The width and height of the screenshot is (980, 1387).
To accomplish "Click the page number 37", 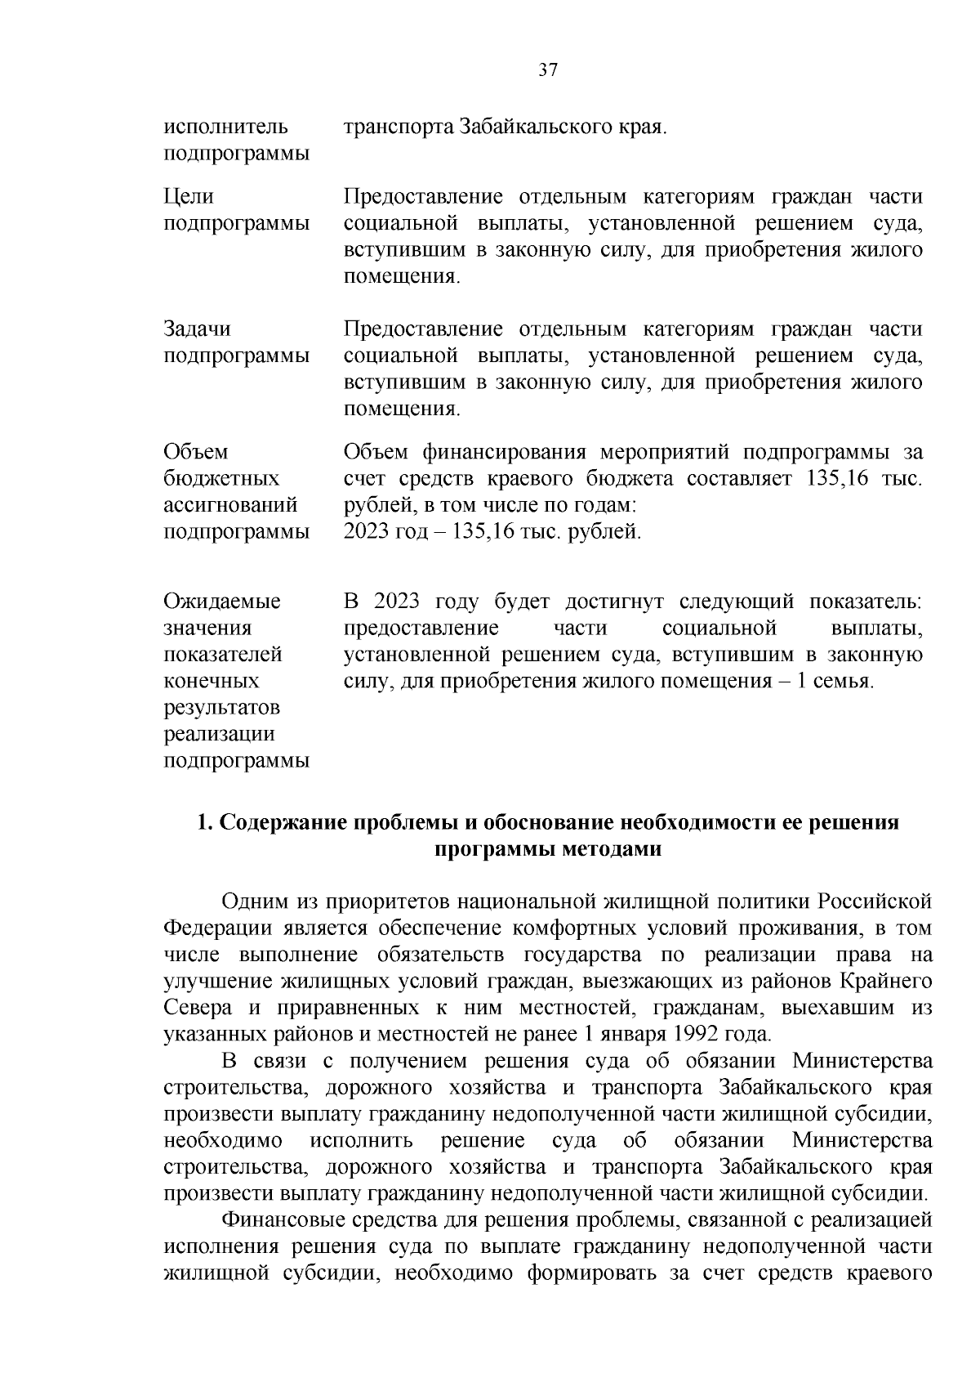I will [548, 70].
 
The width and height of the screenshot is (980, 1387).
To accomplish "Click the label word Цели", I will [189, 197].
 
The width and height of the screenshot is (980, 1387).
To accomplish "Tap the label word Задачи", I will [197, 329].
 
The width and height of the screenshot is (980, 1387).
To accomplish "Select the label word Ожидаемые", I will [222, 602].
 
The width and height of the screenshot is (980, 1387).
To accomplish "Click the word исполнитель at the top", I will [226, 128].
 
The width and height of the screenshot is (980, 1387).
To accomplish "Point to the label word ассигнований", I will [230, 505].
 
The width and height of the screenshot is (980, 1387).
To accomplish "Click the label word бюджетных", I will [221, 478].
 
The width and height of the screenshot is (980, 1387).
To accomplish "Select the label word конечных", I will [212, 681].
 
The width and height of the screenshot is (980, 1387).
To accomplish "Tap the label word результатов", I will [221, 708].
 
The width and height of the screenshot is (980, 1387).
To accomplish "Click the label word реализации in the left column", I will [220, 734].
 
